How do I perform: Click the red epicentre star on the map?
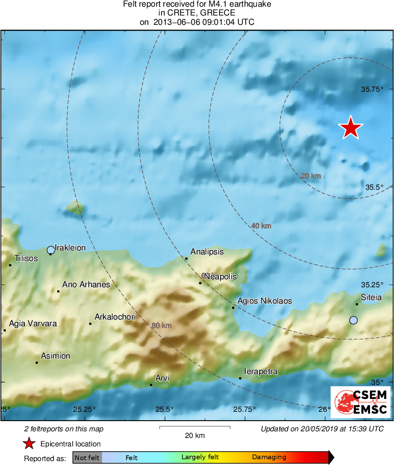tap(351, 128)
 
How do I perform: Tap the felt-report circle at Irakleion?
tap(51, 250)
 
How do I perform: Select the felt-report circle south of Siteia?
tap(353, 320)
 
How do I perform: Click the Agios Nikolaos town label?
tap(264, 301)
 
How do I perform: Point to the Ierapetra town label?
tap(261, 371)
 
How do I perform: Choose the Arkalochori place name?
tap(115, 317)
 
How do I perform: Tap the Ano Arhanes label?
tap(86, 285)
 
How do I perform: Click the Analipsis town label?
tap(207, 252)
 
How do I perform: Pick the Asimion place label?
tap(55, 356)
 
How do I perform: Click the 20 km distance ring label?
tap(311, 176)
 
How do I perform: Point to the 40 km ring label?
tap(261, 226)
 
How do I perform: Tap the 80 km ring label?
tap(161, 326)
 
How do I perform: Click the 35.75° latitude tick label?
tap(372, 89)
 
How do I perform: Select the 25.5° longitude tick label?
tap(165, 409)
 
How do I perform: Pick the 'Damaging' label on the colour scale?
tap(269, 457)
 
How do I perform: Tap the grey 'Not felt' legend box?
tap(87, 457)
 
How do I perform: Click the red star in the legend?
tap(29, 444)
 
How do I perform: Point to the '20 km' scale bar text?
tap(194, 436)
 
